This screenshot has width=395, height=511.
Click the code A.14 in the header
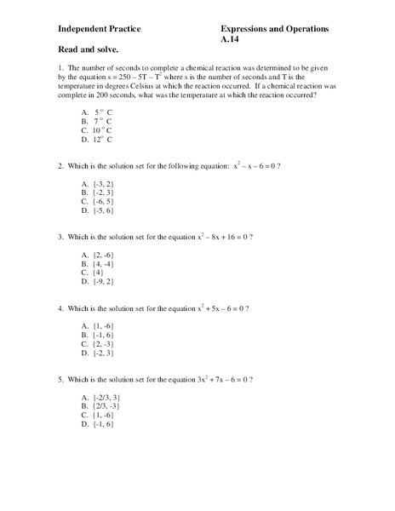point(231,40)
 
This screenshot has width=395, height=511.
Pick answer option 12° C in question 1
point(103,138)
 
